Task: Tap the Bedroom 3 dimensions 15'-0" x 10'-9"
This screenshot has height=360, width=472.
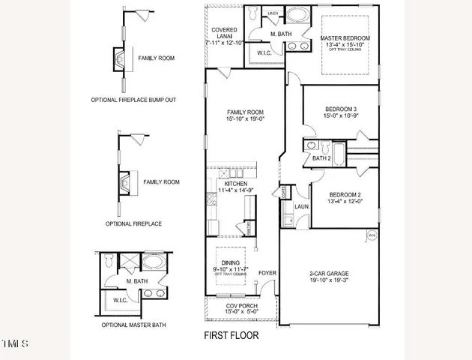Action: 330,115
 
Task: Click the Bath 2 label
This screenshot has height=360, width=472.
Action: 321,158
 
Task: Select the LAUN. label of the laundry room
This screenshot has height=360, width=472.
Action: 302,205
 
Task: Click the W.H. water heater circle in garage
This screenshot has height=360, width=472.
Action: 371,236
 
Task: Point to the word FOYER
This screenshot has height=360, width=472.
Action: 267,273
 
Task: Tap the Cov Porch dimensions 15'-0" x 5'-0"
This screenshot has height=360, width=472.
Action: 242,313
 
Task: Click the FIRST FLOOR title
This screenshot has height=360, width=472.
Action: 232,335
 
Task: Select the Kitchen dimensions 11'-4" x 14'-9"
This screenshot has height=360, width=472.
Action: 237,192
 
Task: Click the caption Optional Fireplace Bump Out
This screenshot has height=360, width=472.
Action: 133,100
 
